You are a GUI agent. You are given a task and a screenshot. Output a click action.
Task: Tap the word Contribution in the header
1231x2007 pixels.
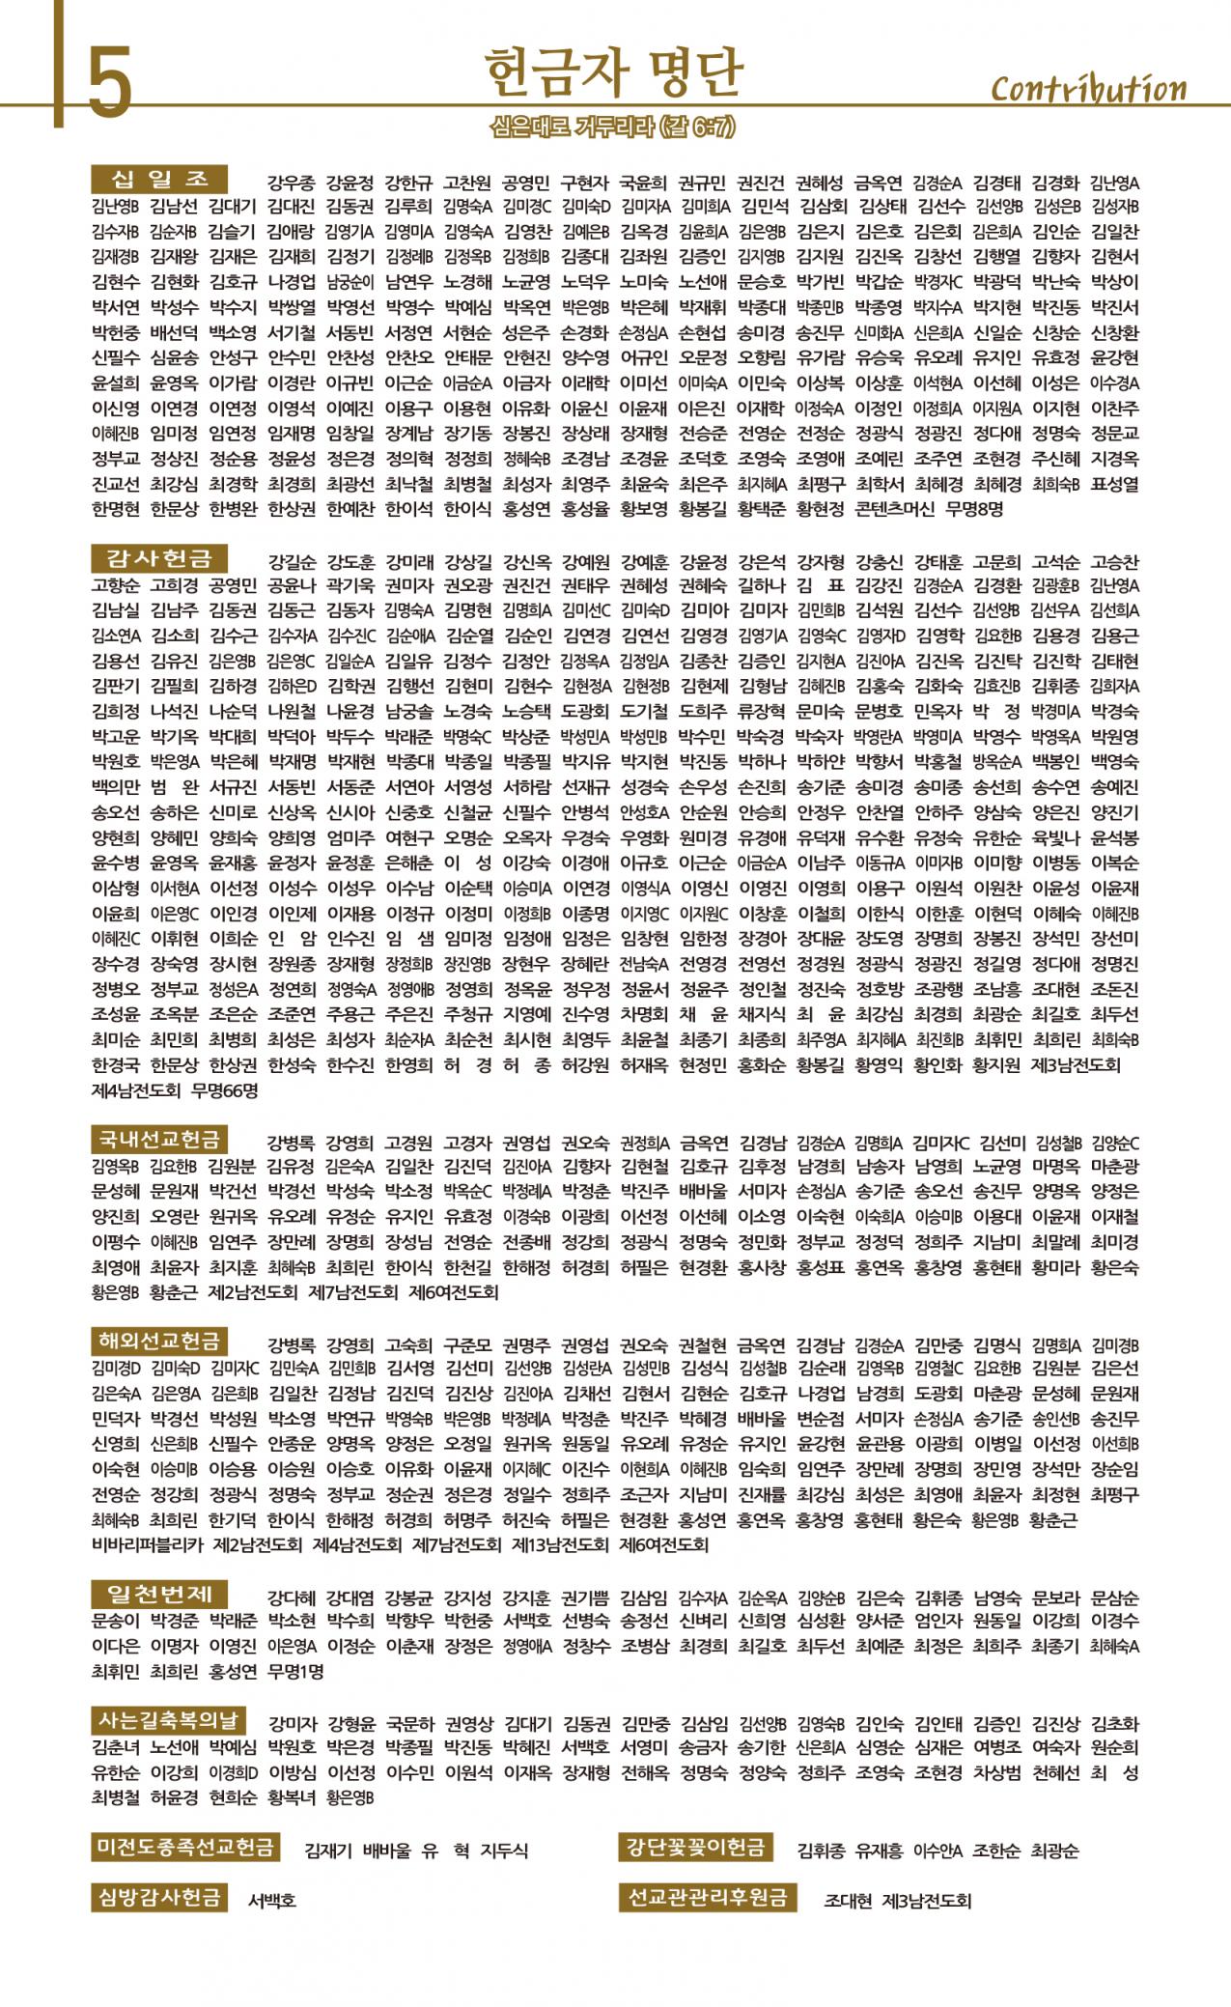pos(1088,89)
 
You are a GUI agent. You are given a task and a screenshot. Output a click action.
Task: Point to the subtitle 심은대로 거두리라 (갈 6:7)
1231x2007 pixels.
pos(614,126)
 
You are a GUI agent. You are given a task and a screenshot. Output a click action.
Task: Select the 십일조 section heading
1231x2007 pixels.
pos(160,178)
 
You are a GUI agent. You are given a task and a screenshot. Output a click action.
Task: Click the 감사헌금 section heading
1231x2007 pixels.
pos(160,557)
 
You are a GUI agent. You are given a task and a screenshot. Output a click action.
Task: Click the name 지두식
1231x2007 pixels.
pos(505,1851)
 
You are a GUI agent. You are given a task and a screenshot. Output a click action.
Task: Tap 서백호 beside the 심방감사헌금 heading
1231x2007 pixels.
pos(271,1901)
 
